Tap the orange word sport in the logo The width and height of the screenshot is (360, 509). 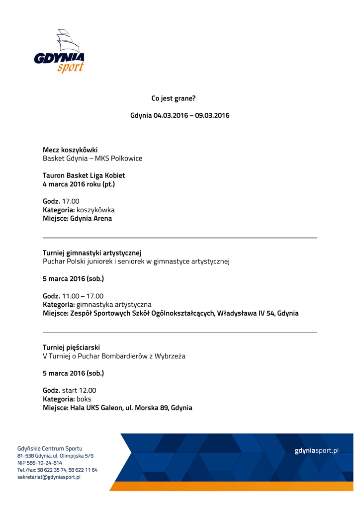tap(70, 67)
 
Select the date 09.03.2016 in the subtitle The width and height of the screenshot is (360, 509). tap(212, 115)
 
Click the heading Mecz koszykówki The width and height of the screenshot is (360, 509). tap(70, 150)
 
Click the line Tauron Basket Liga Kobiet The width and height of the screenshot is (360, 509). tap(84, 175)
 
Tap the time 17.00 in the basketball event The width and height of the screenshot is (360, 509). tap(71, 201)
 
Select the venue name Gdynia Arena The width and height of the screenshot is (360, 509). tap(91, 218)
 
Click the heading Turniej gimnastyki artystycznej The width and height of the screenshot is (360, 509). tap(92, 253)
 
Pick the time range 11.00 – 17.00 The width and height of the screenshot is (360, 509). tap(83, 296)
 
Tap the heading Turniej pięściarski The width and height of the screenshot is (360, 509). tap(75, 347)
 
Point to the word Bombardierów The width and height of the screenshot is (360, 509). tap(123, 356)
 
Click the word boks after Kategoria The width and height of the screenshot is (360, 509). tap(84, 399)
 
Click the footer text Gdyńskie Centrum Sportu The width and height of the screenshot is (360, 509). tap(50, 448)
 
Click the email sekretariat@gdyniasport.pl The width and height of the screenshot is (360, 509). tap(49, 477)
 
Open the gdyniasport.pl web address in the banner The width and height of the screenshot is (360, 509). tap(316, 450)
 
